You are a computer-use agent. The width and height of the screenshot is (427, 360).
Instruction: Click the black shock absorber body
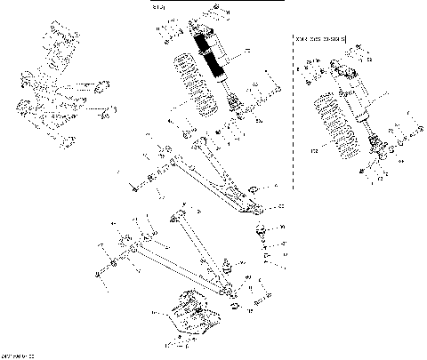point(214,59)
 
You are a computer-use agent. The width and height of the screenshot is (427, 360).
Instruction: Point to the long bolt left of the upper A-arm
point(134,188)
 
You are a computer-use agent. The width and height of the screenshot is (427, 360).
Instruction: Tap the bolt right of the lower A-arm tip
point(259,305)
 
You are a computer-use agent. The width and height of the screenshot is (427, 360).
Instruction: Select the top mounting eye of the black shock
point(197,29)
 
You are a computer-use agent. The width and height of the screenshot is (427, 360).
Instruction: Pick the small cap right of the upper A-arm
point(254,188)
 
